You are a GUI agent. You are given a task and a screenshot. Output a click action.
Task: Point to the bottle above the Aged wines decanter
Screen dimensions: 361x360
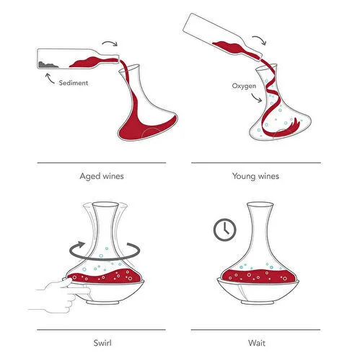(72, 56)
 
